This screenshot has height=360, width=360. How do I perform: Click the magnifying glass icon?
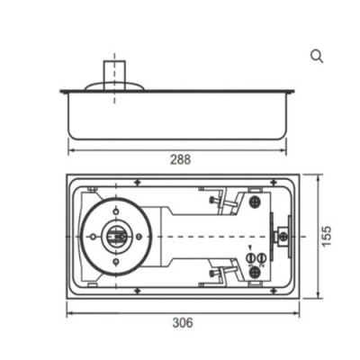point(317,56)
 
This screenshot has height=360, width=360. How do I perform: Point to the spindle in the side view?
point(112,70)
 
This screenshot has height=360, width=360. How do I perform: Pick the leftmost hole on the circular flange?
point(91,236)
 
